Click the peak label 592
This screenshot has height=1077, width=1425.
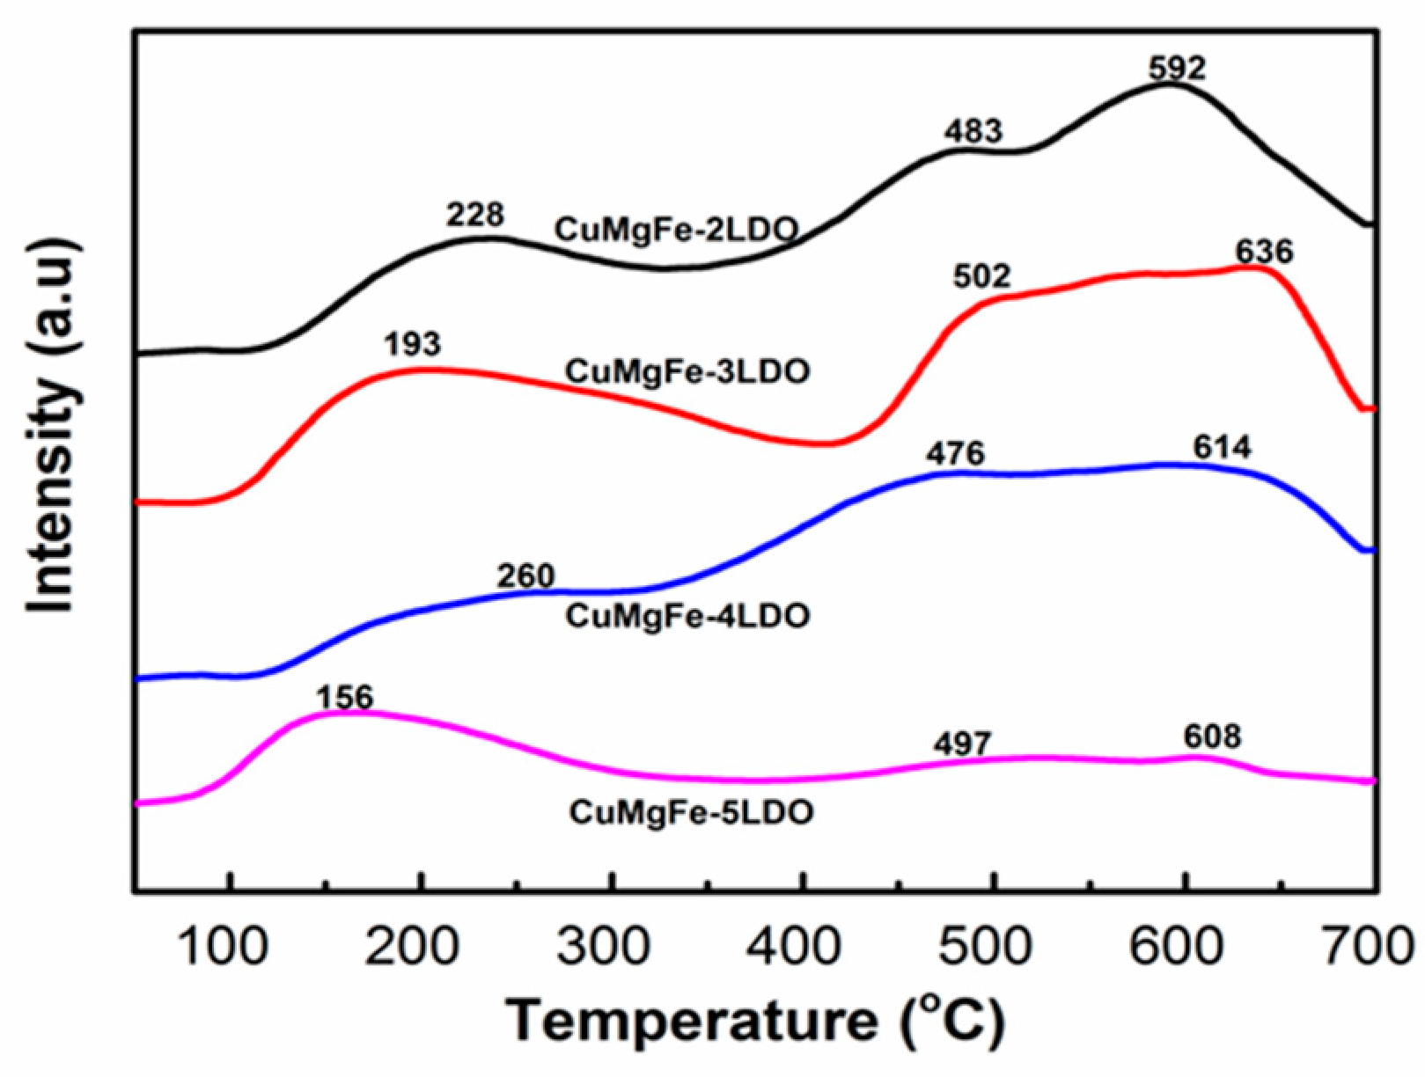(1177, 68)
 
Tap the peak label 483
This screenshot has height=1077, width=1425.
(973, 131)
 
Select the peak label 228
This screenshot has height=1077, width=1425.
(475, 214)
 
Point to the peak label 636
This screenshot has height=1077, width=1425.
(1265, 253)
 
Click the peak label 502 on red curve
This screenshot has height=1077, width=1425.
(982, 276)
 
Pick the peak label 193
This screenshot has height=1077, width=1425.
(412, 344)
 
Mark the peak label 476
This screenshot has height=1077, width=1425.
(955, 454)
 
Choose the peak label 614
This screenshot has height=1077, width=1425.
(1222, 448)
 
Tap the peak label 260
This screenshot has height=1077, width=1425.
(526, 576)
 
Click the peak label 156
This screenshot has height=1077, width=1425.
(345, 698)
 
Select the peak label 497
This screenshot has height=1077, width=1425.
(962, 744)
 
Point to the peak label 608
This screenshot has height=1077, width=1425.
(1212, 736)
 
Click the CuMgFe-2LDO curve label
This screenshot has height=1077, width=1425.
(676, 231)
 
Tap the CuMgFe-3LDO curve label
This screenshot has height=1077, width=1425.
(687, 371)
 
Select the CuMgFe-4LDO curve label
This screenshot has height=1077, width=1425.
(687, 616)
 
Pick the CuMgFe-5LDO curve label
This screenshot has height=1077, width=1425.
(691, 811)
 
